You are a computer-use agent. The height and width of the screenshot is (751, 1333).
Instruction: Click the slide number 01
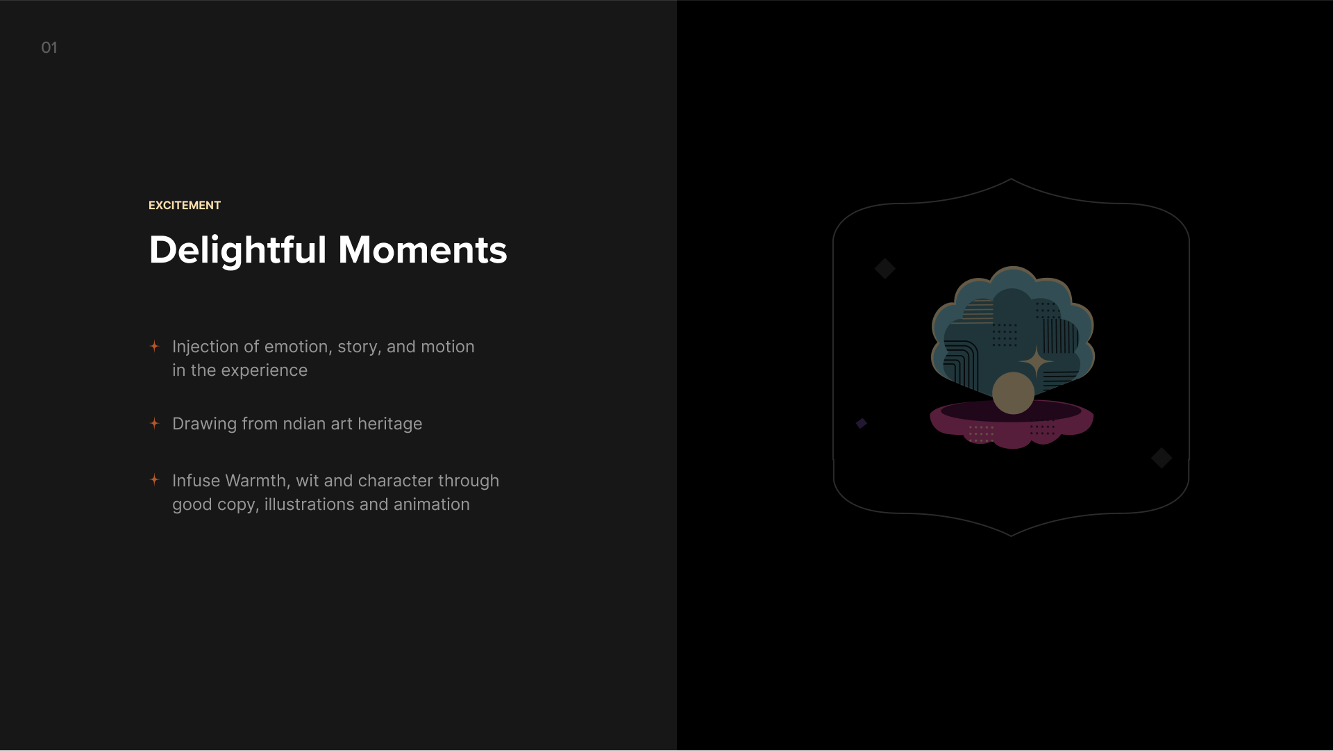pos(49,48)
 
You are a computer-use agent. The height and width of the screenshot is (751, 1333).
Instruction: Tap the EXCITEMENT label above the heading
pos(185,206)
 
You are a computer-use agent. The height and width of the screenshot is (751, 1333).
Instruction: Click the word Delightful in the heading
pos(237,251)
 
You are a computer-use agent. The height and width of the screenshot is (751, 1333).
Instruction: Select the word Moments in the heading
pos(422,250)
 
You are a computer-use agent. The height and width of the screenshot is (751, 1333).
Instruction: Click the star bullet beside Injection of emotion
pos(155,346)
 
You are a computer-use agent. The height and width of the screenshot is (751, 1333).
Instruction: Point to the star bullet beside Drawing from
pos(155,423)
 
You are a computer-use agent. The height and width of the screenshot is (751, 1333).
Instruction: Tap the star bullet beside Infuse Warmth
pos(155,479)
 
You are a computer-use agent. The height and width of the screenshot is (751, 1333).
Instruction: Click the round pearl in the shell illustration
pos(1014,393)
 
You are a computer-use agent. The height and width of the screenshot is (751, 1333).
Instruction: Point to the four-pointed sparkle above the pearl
pos(1037,362)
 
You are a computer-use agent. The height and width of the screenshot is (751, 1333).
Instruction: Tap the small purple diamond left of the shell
pos(862,423)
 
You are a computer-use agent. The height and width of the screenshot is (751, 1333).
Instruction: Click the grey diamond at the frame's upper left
pos(885,268)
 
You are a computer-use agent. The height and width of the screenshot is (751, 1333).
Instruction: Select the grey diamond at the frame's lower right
pos(1162,458)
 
